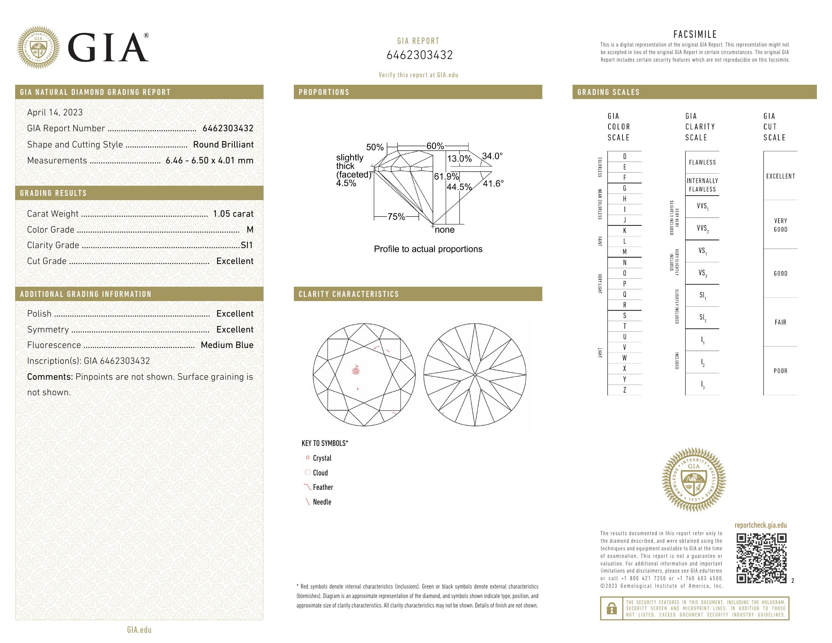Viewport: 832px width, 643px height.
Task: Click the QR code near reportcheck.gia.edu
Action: (x=761, y=558)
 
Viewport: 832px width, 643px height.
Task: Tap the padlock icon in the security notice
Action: (x=612, y=608)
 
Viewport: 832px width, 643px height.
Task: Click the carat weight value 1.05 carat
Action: (x=233, y=214)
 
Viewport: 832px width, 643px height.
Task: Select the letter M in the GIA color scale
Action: (x=624, y=252)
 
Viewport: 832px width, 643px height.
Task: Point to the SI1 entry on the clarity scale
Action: (x=702, y=295)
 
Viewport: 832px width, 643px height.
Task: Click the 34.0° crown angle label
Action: (x=492, y=156)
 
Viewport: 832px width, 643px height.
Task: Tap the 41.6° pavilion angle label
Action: (x=493, y=183)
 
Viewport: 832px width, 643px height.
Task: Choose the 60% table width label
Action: (x=435, y=146)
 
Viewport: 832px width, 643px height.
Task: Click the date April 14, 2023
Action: (x=55, y=112)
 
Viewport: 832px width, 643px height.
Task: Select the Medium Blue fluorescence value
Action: (x=227, y=345)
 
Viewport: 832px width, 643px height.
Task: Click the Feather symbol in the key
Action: (x=322, y=487)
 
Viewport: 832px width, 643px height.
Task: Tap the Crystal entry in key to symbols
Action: (x=322, y=458)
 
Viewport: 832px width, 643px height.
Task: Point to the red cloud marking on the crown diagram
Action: (x=356, y=370)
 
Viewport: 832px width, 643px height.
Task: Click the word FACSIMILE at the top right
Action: (x=695, y=34)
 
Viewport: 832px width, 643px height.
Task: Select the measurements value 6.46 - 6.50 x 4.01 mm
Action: (x=210, y=160)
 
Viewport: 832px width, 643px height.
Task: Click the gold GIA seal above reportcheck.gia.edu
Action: (x=694, y=479)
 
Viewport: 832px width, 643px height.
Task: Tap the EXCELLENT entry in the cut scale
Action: (x=781, y=176)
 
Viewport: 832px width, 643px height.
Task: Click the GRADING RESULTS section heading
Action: (x=53, y=193)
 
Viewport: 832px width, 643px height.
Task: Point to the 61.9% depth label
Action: (x=446, y=177)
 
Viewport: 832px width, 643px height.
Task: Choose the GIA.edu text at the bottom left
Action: (x=139, y=630)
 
